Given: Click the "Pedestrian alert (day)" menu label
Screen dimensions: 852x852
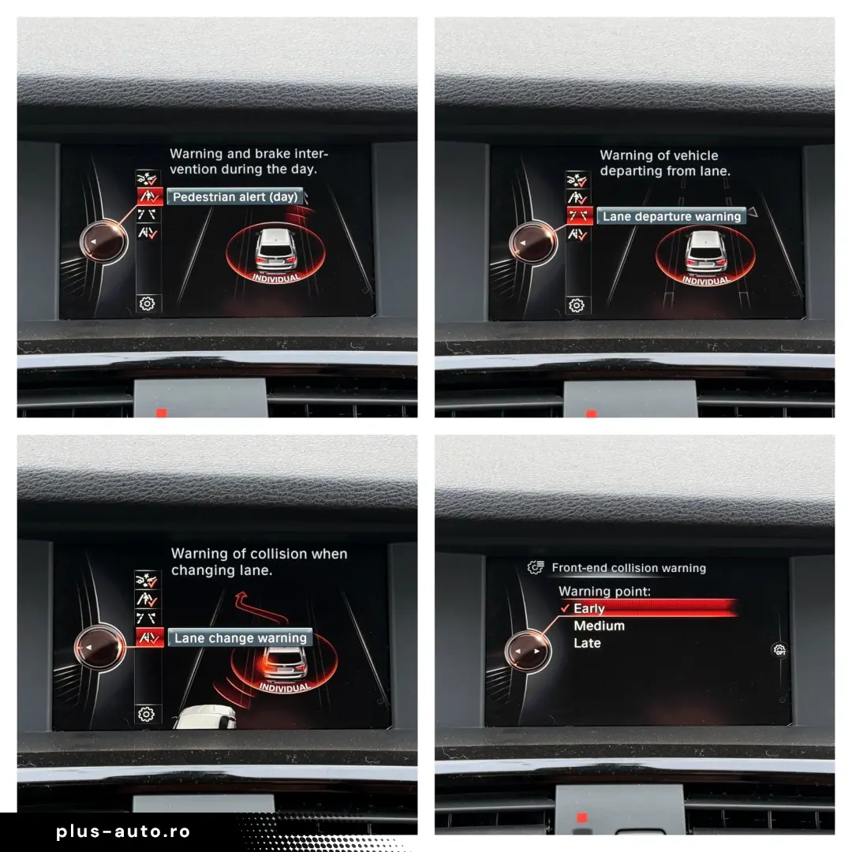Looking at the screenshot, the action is [x=235, y=196].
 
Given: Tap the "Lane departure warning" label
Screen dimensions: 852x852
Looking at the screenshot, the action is [x=671, y=216].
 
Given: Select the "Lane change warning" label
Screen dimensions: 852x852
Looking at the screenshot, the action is [x=240, y=638].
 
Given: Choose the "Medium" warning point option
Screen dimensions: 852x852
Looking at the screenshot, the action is [x=599, y=626].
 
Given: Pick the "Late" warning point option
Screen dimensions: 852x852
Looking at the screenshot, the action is [x=587, y=644].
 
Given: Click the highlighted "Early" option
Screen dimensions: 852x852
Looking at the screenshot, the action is [x=589, y=608].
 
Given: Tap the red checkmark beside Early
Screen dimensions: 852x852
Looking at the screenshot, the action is [x=565, y=608].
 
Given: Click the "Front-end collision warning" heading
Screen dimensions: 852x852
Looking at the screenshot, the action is [x=629, y=568].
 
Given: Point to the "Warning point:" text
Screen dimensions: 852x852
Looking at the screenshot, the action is [x=604, y=591].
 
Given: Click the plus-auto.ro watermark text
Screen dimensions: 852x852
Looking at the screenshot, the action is [x=123, y=831].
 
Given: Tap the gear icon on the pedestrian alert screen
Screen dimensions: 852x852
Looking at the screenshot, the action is [x=147, y=303].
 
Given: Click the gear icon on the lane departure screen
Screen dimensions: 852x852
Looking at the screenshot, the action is [x=577, y=305].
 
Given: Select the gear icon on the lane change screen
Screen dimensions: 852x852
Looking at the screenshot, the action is [x=146, y=714].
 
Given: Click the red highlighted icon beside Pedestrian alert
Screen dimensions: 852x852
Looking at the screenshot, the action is [x=149, y=196].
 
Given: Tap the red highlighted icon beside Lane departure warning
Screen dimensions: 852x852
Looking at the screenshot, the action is [x=579, y=215].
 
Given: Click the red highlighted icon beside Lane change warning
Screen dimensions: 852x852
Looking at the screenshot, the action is [x=149, y=637].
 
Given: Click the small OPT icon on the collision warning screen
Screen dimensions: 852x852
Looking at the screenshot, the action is [x=779, y=649].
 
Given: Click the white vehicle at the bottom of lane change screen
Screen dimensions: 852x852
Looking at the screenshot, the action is [x=205, y=717].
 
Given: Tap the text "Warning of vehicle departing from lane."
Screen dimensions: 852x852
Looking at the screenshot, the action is [x=664, y=163].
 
